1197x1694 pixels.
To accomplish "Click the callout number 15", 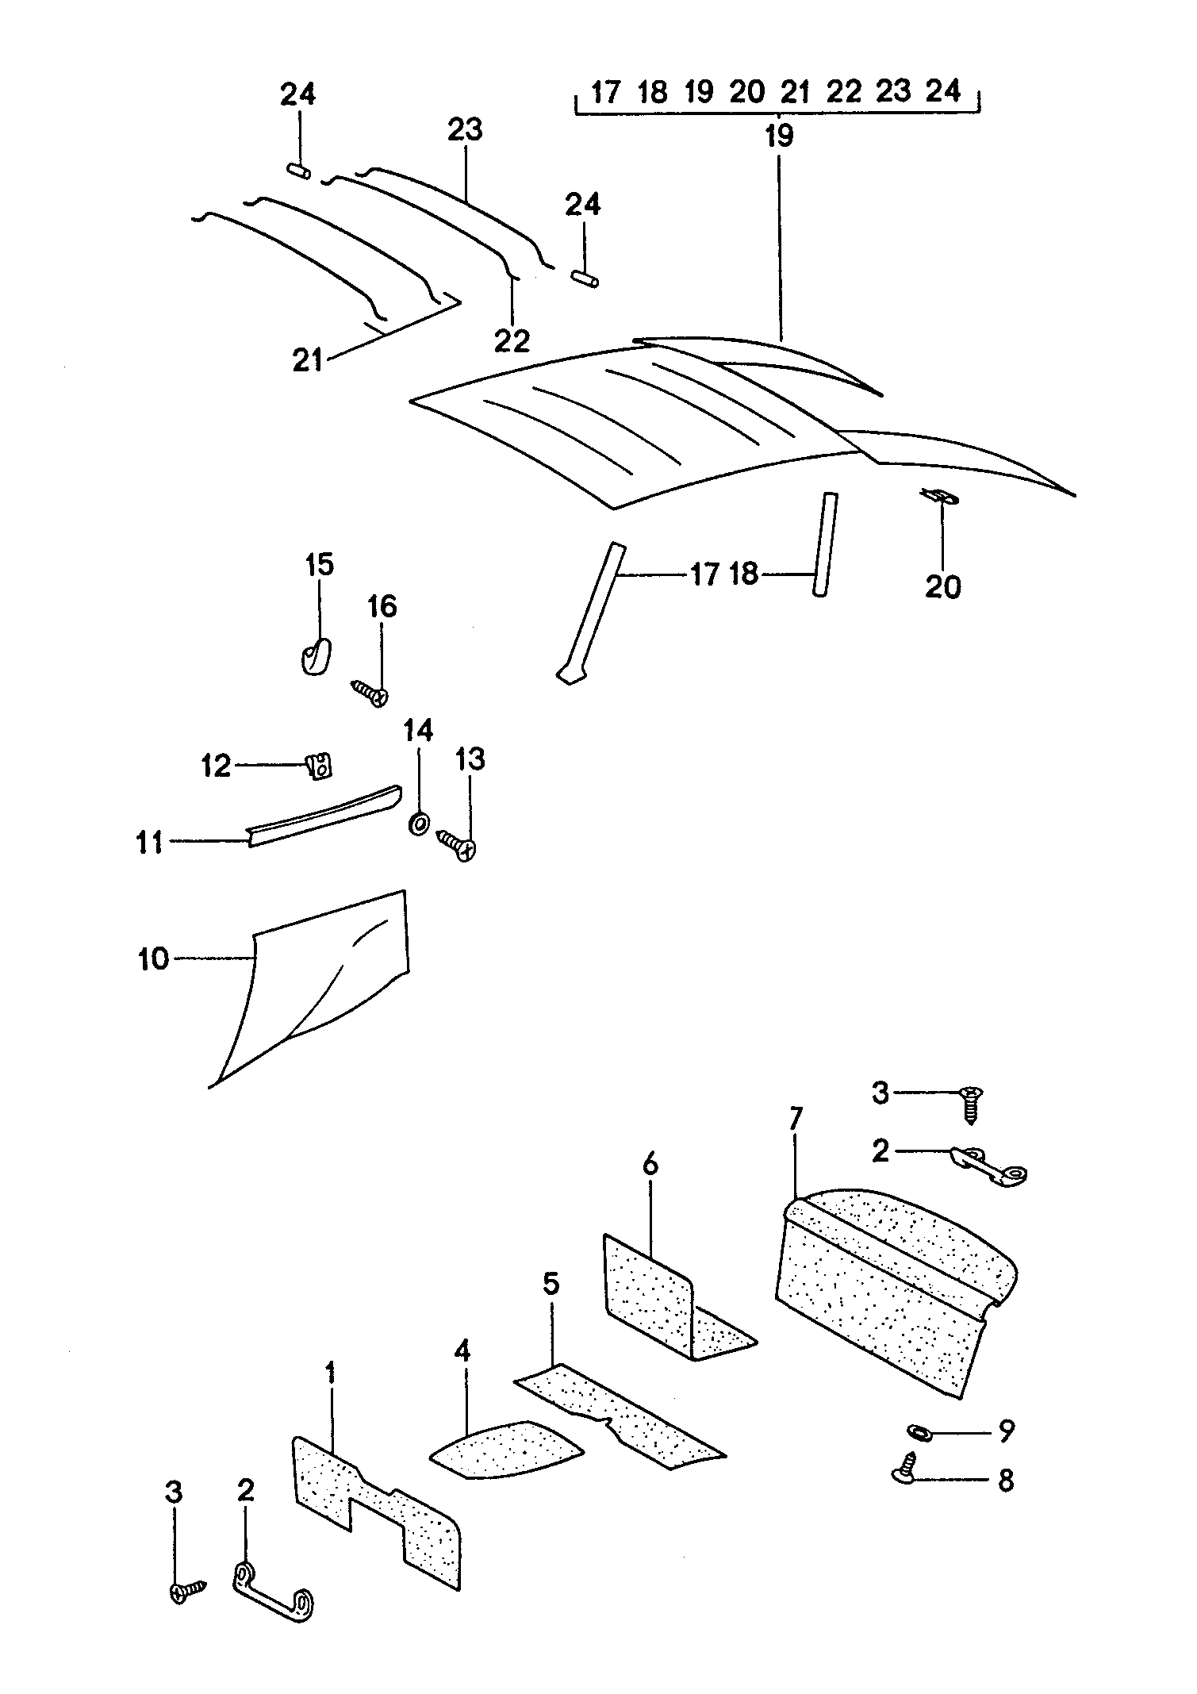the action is [320, 566].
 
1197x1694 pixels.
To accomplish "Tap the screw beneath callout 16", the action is [370, 693].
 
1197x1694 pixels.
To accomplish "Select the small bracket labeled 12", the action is [319, 766].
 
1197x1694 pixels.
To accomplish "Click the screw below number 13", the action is [457, 845].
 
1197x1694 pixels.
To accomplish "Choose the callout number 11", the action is [149, 841].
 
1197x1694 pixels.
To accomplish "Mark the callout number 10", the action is [154, 958].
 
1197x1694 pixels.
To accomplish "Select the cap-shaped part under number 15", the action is [317, 657].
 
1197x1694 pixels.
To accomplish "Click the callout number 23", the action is [465, 129].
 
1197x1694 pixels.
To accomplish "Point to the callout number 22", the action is [512, 341].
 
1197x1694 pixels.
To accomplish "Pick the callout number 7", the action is [796, 1118].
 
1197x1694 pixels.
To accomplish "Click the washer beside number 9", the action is [918, 1432].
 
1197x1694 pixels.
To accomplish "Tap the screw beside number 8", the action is [907, 1466].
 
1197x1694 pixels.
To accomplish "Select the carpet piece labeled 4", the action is [506, 1450].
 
